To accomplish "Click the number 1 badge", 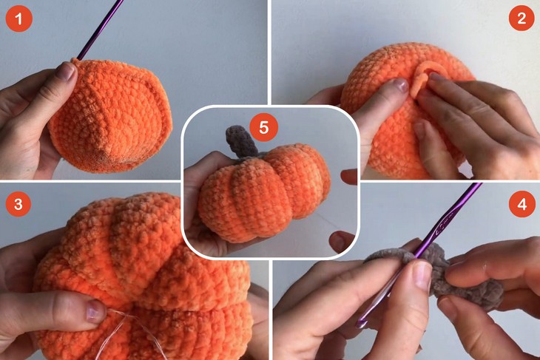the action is coord(19,18).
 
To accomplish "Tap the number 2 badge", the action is coord(522,18).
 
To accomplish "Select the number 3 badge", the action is coord(18,204).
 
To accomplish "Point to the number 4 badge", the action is coord(522,204).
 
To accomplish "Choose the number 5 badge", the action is coord(264,127).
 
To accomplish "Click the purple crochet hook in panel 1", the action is coord(101,30).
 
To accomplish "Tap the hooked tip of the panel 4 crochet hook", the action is coord(360,324).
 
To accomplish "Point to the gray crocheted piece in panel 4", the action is coord(448,275).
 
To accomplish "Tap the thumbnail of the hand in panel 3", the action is coord(95,311).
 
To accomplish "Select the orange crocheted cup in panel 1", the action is coord(110,115).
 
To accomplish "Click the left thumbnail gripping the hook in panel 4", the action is coord(422,276).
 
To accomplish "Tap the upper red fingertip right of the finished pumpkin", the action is coord(349,177).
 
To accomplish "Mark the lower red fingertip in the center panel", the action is coord(342,241).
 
